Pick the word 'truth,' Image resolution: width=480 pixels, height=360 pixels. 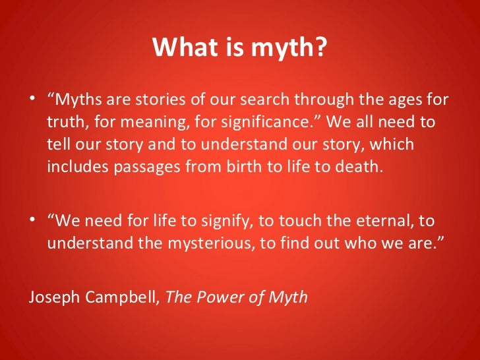click(65, 123)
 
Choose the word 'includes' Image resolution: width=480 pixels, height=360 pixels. click(73, 166)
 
